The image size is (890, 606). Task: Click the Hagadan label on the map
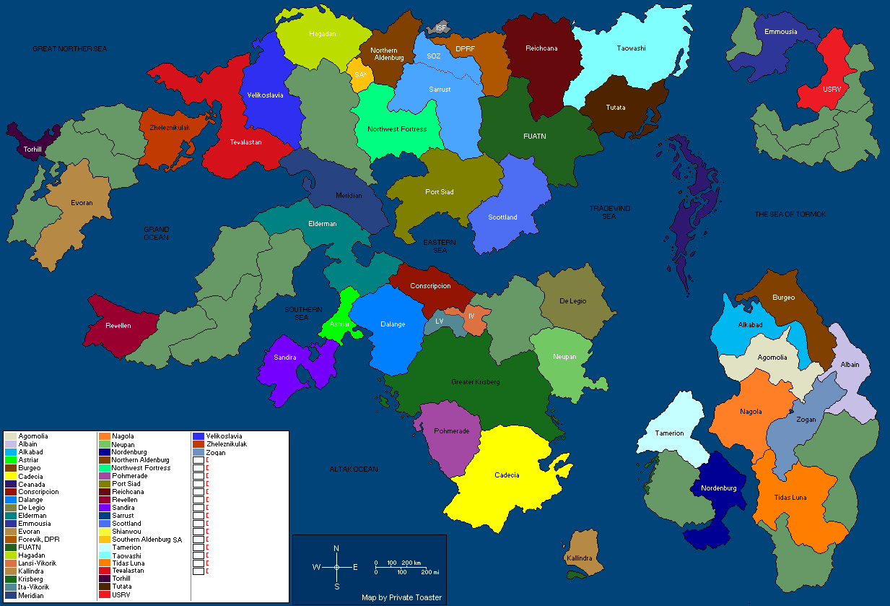click(x=323, y=34)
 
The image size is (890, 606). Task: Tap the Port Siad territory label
click(x=440, y=192)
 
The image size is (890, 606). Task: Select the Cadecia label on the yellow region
click(x=506, y=475)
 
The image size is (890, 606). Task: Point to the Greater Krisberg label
click(x=475, y=381)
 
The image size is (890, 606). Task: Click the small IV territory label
click(x=471, y=316)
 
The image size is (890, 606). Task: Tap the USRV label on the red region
click(x=832, y=89)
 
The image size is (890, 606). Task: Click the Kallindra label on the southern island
click(x=579, y=558)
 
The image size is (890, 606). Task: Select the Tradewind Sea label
click(x=610, y=212)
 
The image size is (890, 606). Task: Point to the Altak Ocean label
click(x=354, y=469)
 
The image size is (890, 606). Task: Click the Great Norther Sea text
click(x=69, y=48)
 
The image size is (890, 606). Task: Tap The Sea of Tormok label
click(x=790, y=215)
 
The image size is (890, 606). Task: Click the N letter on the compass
click(x=336, y=549)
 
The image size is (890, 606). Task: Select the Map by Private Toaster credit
click(x=401, y=598)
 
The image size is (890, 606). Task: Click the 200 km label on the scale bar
click(x=411, y=562)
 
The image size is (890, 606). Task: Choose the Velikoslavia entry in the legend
click(x=224, y=436)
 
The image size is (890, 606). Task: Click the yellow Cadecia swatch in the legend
click(x=10, y=476)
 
